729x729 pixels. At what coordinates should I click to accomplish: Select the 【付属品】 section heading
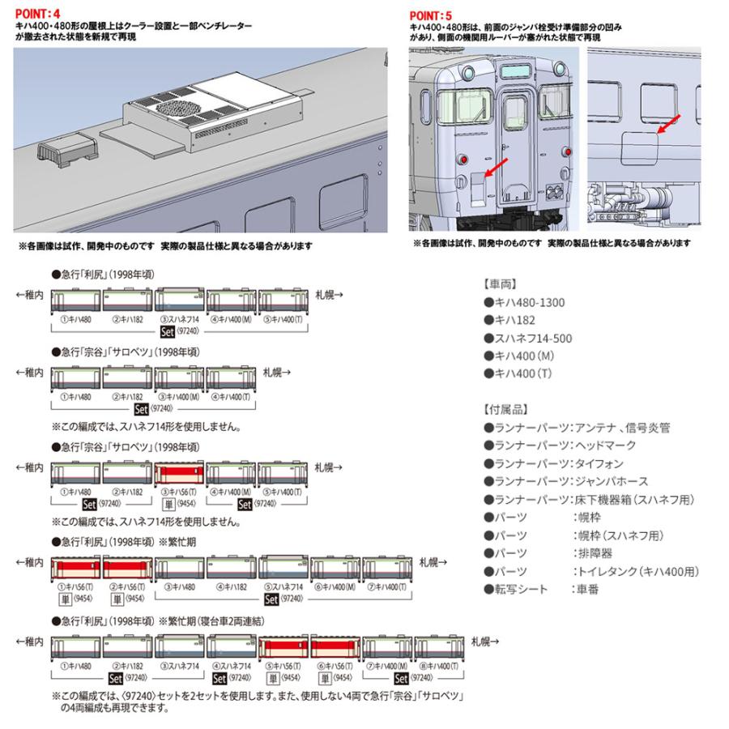point(509,409)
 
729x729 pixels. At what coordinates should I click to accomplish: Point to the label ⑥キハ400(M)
point(335,585)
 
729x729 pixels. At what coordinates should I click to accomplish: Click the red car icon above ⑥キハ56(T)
point(335,649)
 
